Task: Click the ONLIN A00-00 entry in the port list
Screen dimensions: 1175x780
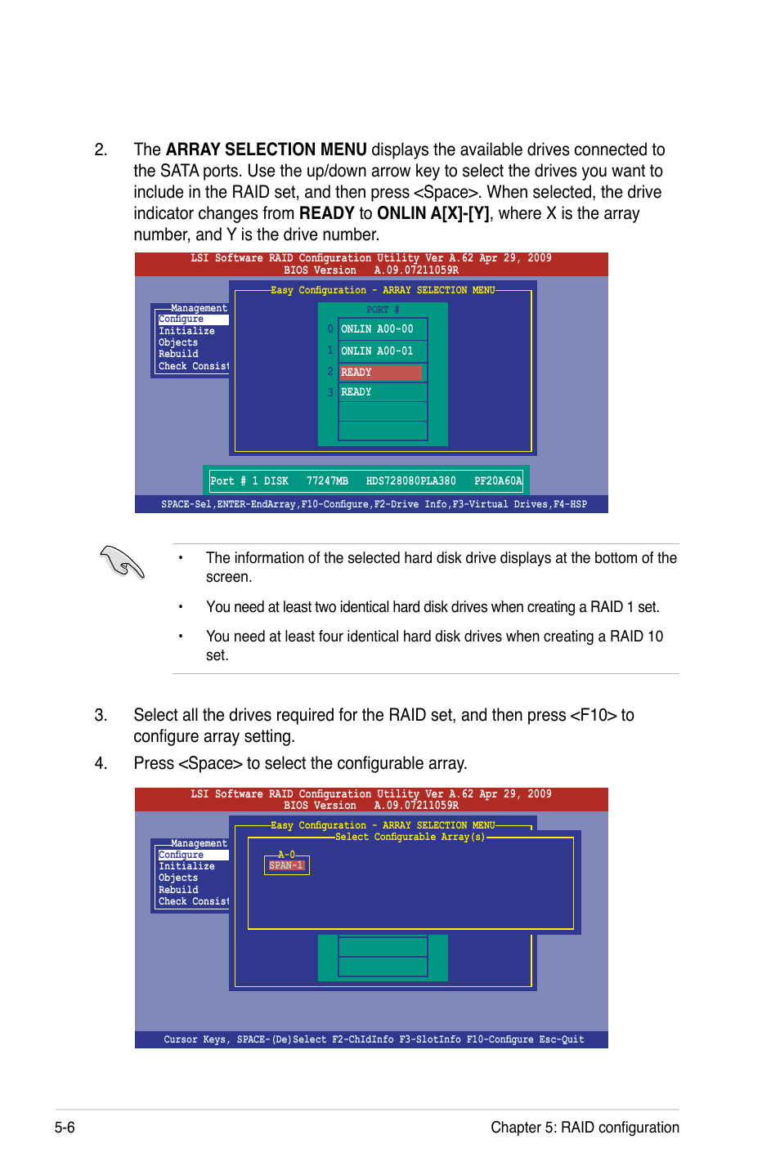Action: pos(377,329)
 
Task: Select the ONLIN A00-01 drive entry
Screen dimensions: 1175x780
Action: pos(377,351)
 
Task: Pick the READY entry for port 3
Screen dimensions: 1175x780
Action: pos(356,392)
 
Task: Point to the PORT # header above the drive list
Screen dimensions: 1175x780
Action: pos(383,311)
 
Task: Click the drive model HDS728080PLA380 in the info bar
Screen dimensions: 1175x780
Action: pos(410,481)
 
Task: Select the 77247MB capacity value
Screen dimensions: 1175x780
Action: pos(327,481)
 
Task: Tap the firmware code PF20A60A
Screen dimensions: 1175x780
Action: pos(497,481)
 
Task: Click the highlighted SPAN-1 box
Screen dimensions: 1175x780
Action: pos(286,865)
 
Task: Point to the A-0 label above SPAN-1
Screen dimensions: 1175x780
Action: pos(286,855)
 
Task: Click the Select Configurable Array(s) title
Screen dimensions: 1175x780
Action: pos(410,837)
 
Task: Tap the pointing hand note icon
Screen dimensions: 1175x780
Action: pos(122,562)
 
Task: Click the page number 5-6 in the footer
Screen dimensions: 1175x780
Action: pos(65,1128)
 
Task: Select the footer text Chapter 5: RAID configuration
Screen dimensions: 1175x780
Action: pos(585,1128)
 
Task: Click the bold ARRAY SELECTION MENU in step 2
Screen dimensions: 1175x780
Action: pos(266,150)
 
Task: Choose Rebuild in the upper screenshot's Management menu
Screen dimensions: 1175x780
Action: pos(178,354)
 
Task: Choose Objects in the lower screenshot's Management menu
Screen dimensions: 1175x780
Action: pos(178,878)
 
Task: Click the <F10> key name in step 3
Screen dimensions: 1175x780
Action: pos(593,715)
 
